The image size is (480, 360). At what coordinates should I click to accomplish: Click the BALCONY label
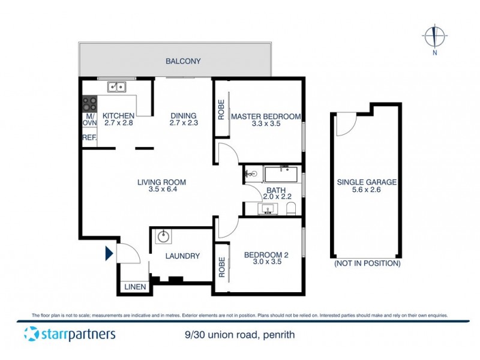(x=184, y=61)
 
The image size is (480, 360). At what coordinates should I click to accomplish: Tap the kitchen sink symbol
(x=116, y=87)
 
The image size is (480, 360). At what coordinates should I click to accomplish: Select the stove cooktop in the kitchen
(x=90, y=103)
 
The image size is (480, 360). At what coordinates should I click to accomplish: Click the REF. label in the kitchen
(x=89, y=137)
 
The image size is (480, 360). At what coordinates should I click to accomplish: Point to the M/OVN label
(x=89, y=119)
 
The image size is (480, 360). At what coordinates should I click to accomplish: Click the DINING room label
(x=183, y=116)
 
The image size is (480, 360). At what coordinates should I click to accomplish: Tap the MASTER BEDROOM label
(x=265, y=116)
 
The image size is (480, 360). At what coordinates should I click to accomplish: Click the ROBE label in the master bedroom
(x=221, y=109)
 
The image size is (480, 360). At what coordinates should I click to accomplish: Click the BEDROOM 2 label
(x=266, y=255)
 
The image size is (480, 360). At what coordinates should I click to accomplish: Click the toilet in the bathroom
(x=292, y=209)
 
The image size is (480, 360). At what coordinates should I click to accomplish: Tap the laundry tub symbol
(x=162, y=236)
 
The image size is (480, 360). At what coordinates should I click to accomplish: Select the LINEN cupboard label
(x=135, y=287)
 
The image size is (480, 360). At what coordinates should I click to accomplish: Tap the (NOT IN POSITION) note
(x=367, y=263)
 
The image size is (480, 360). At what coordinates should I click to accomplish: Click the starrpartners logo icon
(x=30, y=334)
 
